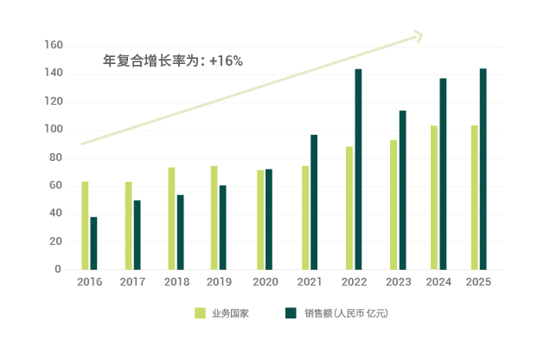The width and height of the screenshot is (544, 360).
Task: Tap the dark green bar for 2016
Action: click(93, 242)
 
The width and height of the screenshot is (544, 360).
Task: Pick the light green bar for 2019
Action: click(214, 217)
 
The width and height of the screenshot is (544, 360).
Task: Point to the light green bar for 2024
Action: click(434, 197)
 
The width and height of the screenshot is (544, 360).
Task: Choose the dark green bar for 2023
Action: click(402, 190)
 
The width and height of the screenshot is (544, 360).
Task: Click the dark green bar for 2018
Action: click(181, 232)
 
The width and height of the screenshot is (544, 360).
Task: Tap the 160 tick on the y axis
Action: click(53, 45)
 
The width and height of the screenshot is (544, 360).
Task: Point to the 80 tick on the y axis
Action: click(55, 157)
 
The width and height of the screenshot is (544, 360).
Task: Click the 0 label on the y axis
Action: click(58, 269)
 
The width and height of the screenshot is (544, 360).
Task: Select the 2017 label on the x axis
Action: click(132, 282)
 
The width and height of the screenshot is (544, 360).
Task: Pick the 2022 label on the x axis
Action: click(355, 282)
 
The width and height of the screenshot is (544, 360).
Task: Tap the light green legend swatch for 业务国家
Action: click(199, 313)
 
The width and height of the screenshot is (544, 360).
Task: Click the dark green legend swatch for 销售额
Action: click(291, 313)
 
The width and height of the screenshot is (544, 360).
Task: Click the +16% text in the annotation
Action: click(226, 61)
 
